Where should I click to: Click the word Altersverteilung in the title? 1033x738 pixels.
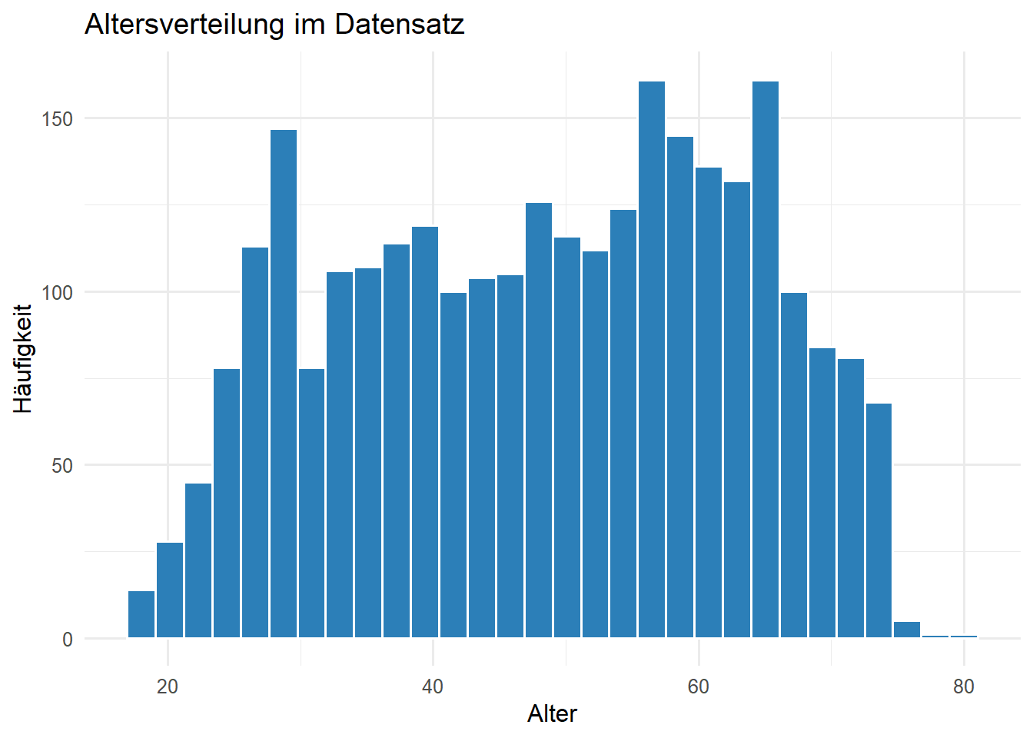pyautogui.click(x=184, y=25)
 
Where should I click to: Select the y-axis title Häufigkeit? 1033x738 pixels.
pyautogui.click(x=23, y=358)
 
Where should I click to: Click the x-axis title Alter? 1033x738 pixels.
pyautogui.click(x=552, y=713)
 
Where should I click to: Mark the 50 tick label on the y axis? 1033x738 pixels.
pyautogui.click(x=62, y=466)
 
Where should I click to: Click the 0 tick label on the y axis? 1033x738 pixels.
pyautogui.click(x=68, y=640)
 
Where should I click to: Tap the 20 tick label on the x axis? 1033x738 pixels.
pyautogui.click(x=168, y=686)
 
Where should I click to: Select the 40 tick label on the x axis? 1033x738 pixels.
pyautogui.click(x=433, y=686)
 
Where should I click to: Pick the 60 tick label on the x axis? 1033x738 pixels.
pyautogui.click(x=698, y=686)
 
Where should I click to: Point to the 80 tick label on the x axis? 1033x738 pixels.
pyautogui.click(x=963, y=686)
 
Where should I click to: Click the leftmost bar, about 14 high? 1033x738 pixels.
pyautogui.click(x=141, y=615)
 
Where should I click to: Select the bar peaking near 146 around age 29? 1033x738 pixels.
pyautogui.click(x=284, y=384)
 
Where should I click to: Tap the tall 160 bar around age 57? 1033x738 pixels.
pyautogui.click(x=652, y=361)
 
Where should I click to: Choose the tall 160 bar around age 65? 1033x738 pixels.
pyautogui.click(x=766, y=361)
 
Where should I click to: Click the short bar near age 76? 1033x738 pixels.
pyautogui.click(x=907, y=630)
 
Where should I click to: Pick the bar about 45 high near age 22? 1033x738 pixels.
pyautogui.click(x=198, y=561)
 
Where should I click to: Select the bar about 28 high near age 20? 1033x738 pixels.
pyautogui.click(x=170, y=590)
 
